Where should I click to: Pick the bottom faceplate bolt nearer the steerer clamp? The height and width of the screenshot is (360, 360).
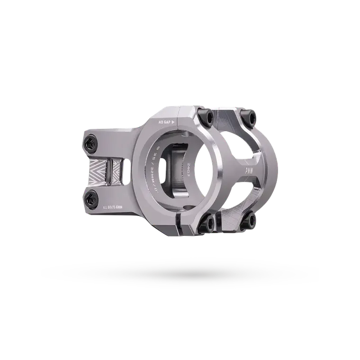(x=208, y=221)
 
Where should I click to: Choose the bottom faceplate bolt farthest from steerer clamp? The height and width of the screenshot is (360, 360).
(x=249, y=220)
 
